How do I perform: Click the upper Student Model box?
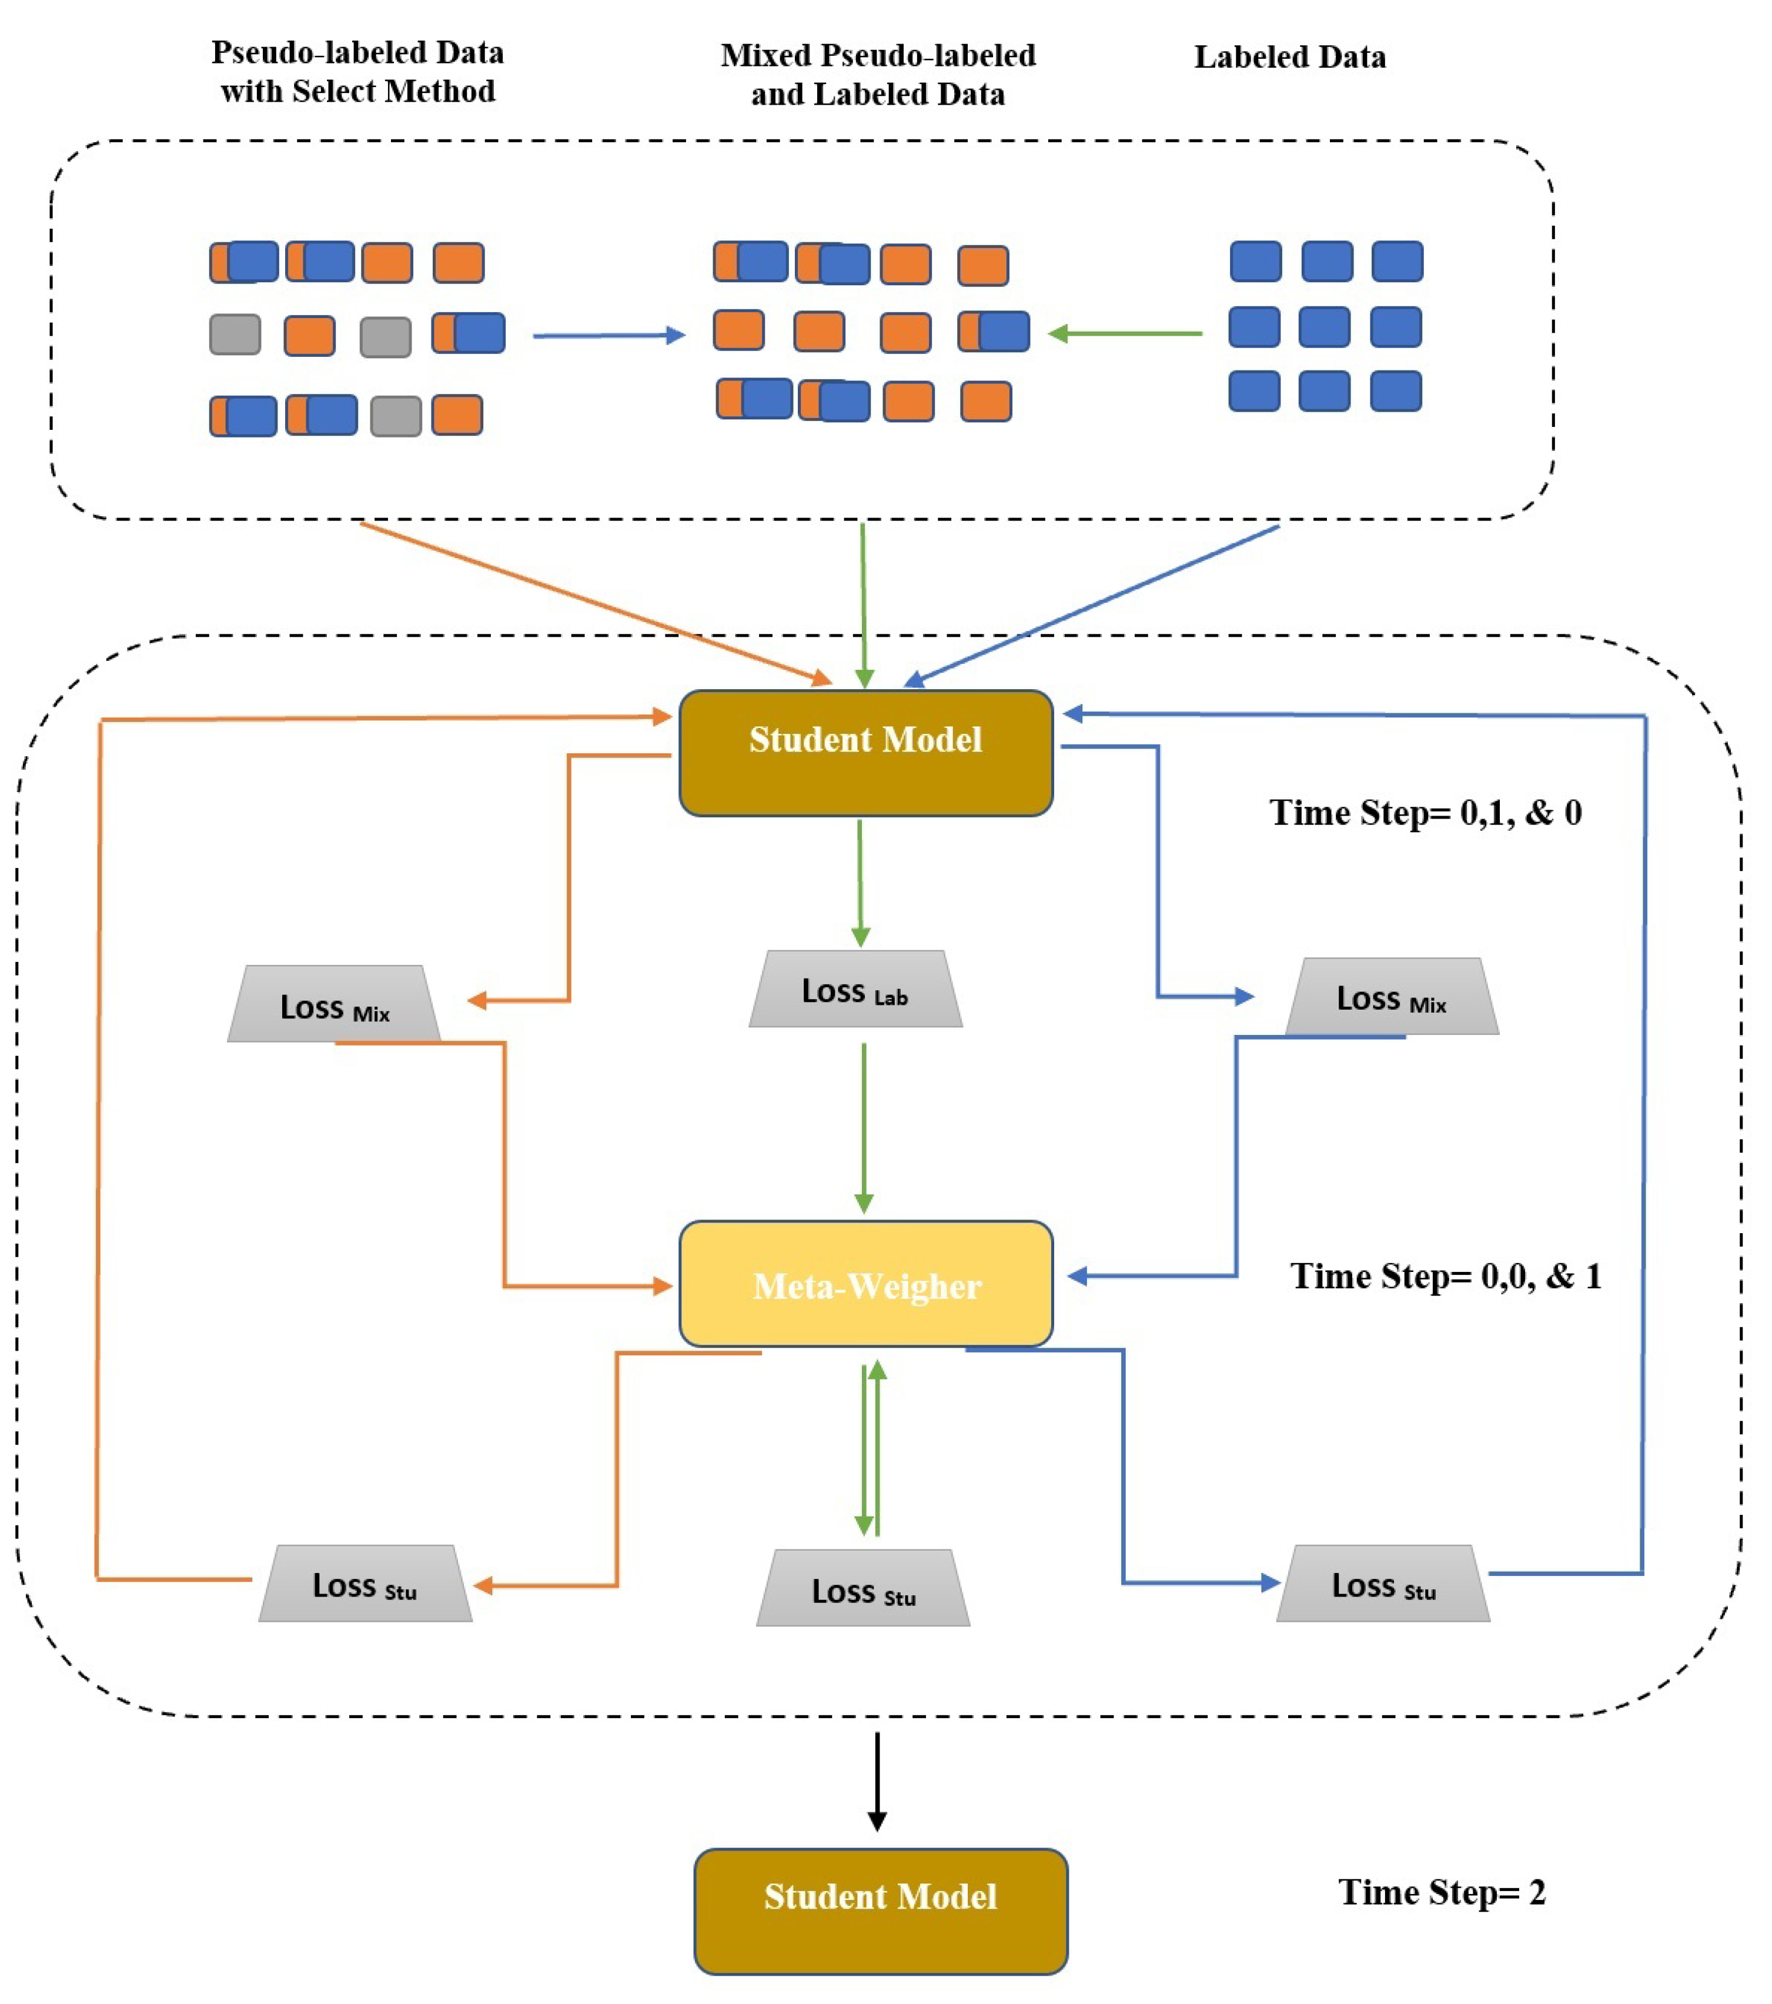tap(865, 753)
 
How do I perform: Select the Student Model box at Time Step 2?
tap(880, 1911)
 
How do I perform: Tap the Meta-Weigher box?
tap(865, 1284)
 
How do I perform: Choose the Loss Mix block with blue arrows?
tap(1391, 997)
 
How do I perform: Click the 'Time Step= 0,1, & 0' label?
tap(1425, 813)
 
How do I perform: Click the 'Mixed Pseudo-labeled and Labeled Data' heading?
tap(878, 75)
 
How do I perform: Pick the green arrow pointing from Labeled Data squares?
tap(1125, 335)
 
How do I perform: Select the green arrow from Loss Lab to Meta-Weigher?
tap(864, 1127)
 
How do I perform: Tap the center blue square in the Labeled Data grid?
tap(1324, 326)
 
